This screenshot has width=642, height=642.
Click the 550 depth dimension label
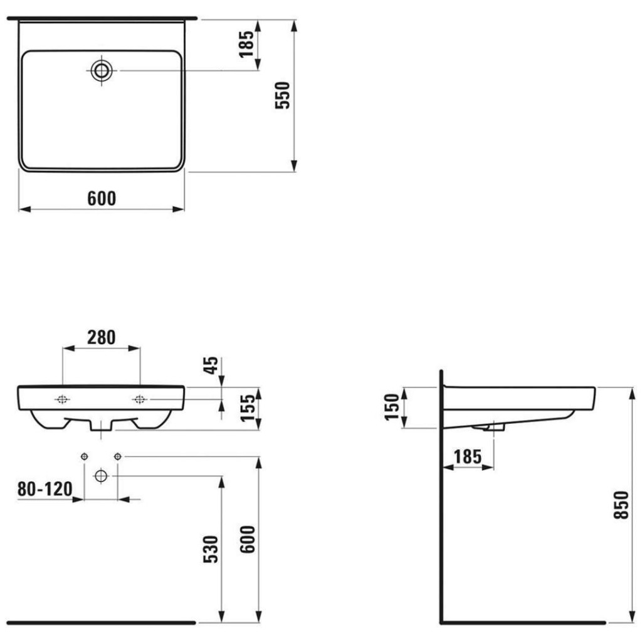pos(283,95)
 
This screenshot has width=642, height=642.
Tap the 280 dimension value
pos(101,337)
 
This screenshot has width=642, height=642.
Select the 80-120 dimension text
pos(45,489)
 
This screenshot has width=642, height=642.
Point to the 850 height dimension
pos(621,505)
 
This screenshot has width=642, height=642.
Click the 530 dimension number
pos(211,549)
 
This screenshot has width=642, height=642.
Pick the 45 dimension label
pos(211,366)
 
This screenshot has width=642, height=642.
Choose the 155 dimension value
pos(247,408)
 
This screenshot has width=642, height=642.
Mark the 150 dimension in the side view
pos(392,406)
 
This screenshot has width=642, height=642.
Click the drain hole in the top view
pos(101,70)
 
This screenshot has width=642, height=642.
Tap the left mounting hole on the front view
pos(62,399)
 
